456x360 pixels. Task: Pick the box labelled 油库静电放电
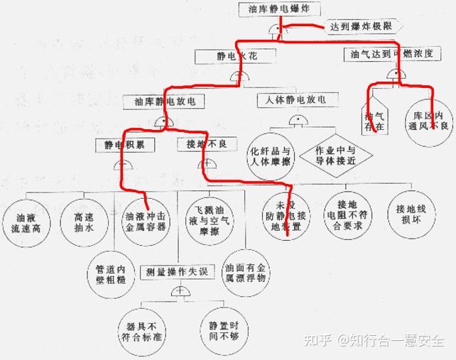(164, 102)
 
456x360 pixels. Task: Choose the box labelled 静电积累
(121, 145)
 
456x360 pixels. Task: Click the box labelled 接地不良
(202, 144)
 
